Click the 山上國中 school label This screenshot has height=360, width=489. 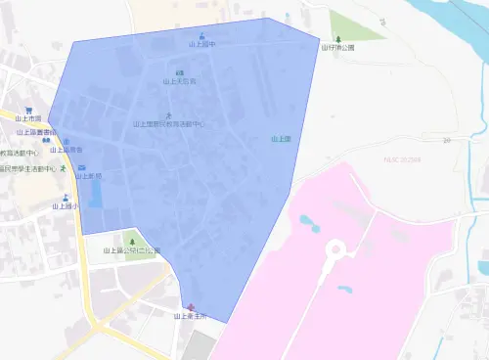pos(202,45)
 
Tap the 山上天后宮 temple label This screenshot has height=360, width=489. pos(179,81)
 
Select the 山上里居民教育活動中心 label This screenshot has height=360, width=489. pos(168,124)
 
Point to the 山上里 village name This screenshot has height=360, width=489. pos(282,139)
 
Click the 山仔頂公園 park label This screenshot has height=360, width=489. pos(337,46)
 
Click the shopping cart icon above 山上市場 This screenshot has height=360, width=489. pos(28,110)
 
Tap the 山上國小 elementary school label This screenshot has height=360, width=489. pos(66,206)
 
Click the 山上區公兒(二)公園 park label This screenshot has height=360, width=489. pos(131,250)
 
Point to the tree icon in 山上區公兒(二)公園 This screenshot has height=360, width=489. pos(131,240)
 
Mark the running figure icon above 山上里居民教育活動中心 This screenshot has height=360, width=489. pos(168,115)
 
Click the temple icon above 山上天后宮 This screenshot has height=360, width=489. pos(178,72)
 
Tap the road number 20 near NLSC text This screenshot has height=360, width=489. pos(446,141)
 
